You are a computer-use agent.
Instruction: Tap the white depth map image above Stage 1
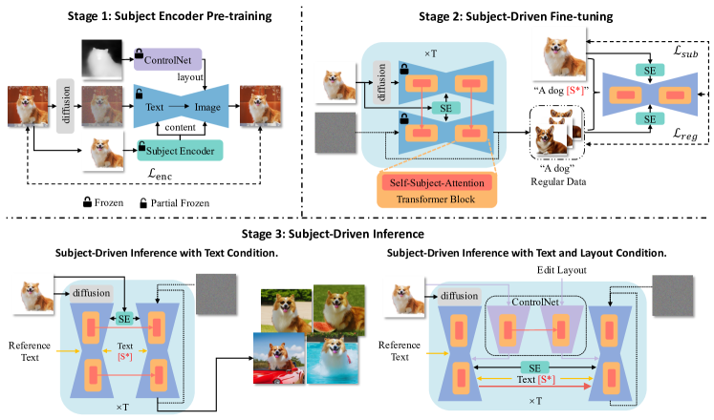[105, 61]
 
